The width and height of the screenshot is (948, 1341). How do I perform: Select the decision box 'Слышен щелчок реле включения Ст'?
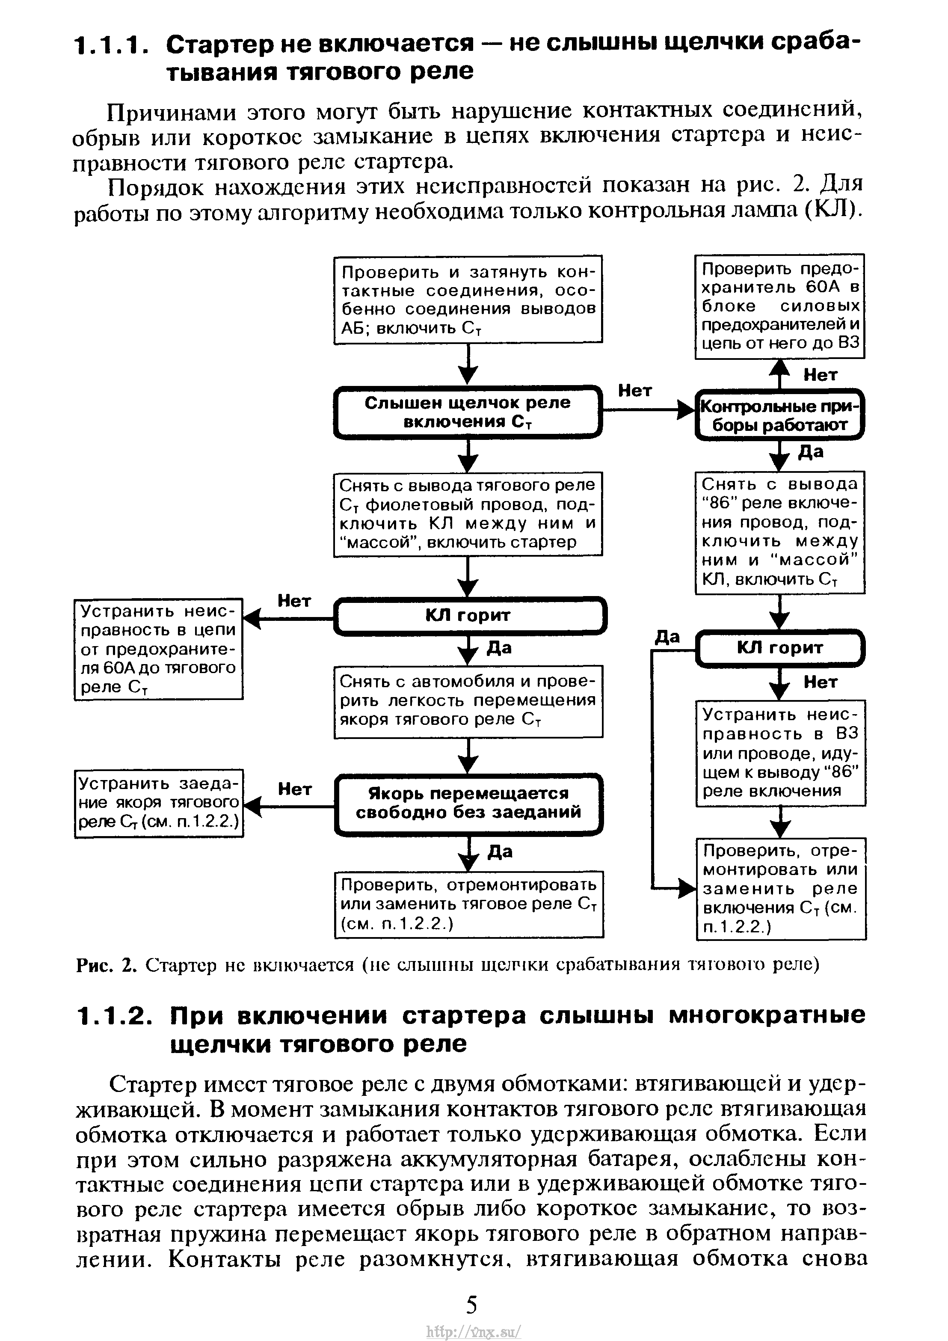pos(468,412)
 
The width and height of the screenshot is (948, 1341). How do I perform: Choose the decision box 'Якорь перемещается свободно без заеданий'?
pos(468,804)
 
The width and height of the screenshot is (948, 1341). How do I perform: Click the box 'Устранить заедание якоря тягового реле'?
pos(158,803)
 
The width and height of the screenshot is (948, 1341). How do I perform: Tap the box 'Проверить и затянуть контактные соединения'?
pos(468,299)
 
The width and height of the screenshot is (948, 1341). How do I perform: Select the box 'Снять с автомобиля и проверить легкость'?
pos(468,701)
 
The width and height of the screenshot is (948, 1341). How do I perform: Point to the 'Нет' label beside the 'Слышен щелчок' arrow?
pos(635,390)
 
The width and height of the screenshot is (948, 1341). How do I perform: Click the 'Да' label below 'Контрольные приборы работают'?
pos(811,451)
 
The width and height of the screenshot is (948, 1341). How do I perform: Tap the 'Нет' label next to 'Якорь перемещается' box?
pos(294,789)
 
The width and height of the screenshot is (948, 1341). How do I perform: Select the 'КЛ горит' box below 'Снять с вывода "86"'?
pos(780,648)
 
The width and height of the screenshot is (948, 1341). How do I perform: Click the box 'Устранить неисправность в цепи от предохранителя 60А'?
pos(158,649)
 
